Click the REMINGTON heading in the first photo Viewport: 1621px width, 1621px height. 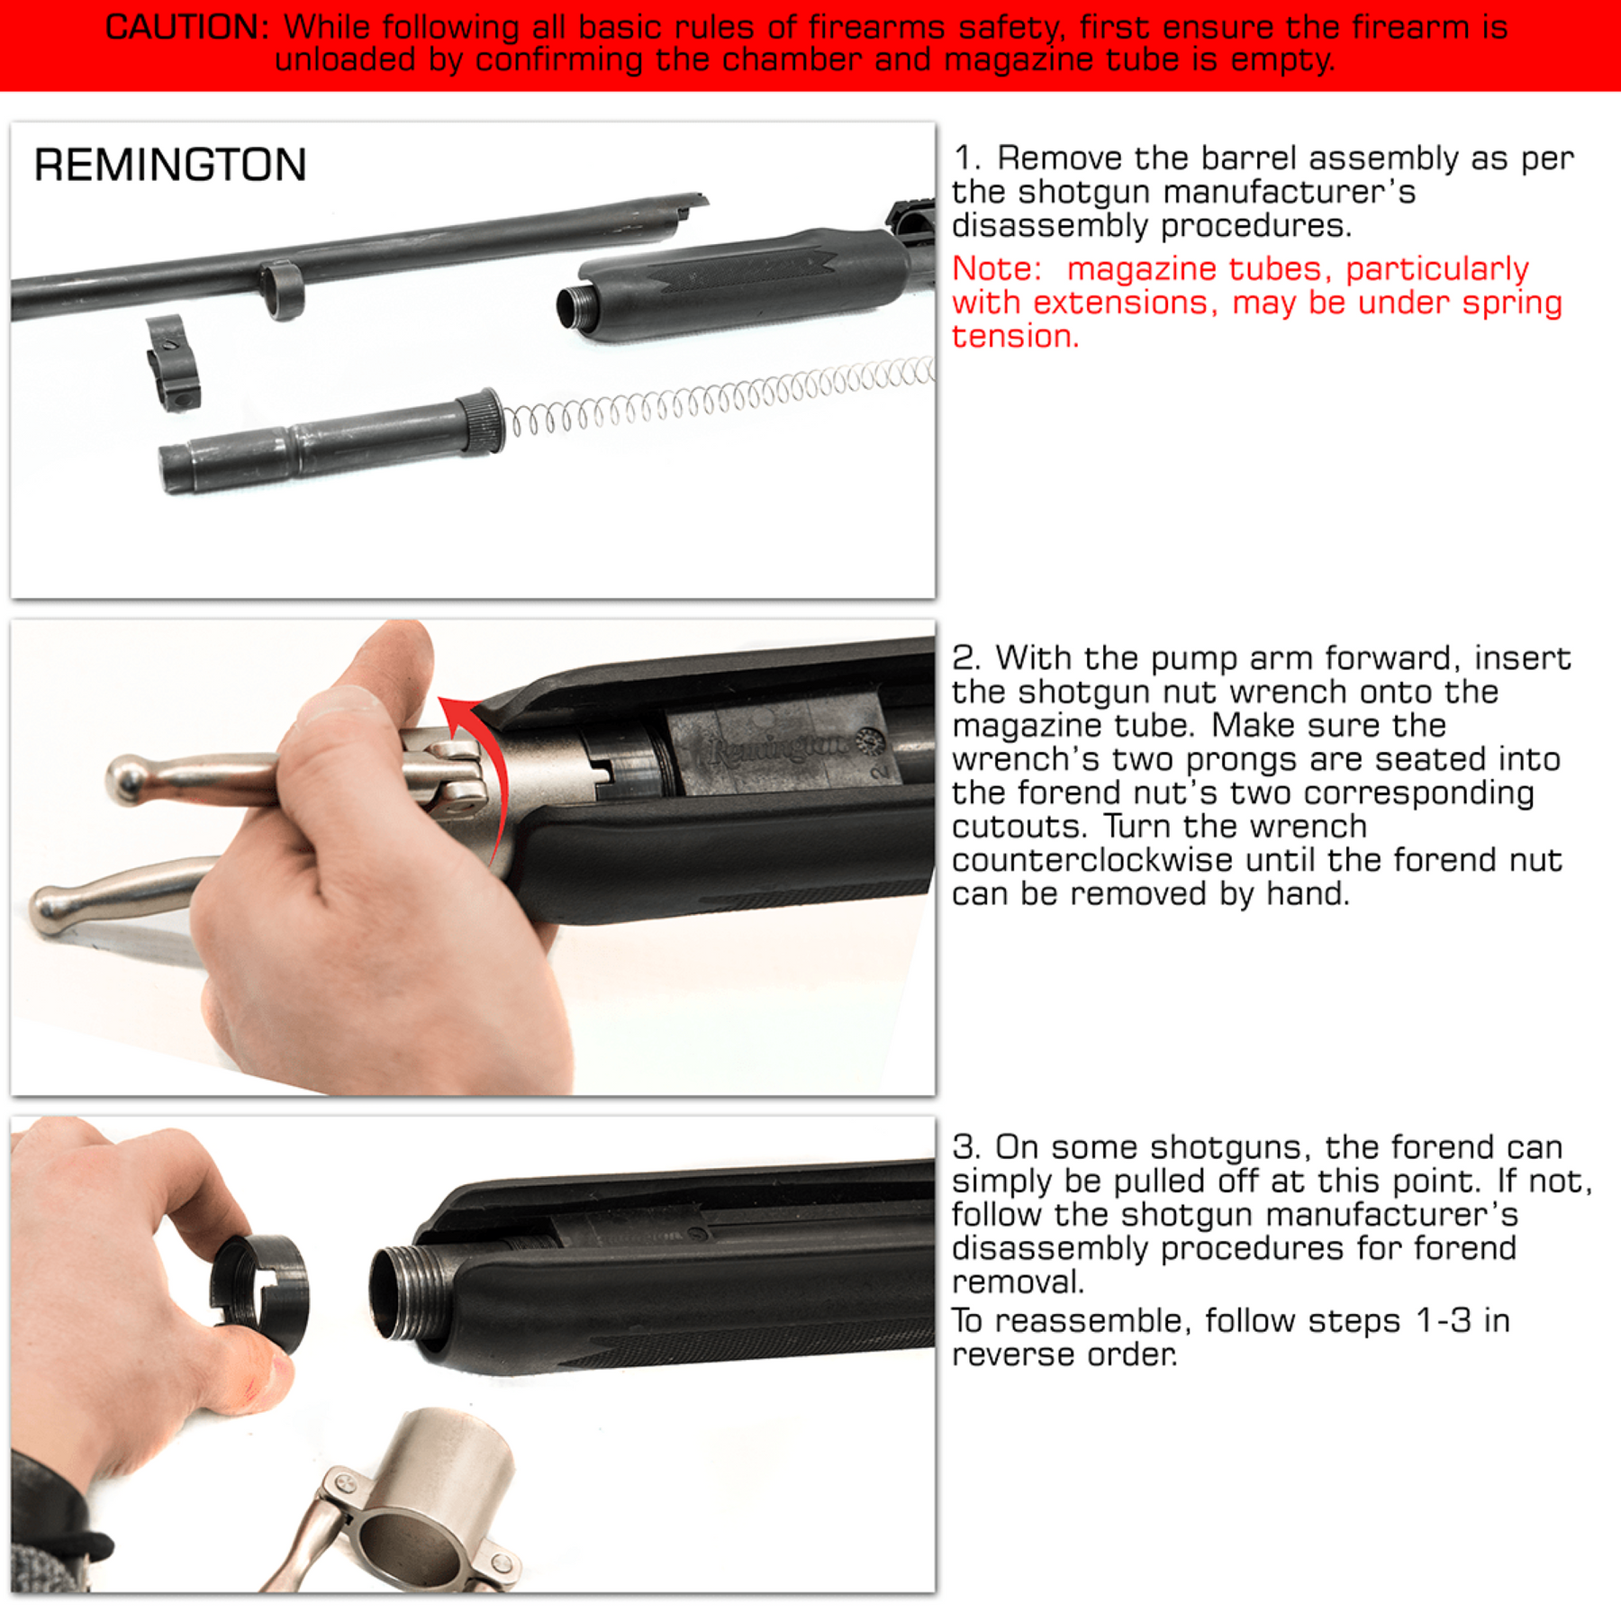(170, 166)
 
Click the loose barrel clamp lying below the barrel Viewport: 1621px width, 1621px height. (174, 363)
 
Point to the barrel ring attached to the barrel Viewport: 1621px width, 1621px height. (283, 289)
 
